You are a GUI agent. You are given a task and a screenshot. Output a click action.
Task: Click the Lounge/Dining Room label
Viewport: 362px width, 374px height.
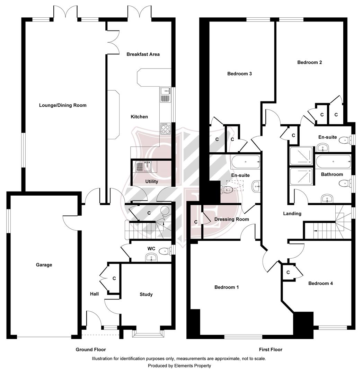(x=63, y=105)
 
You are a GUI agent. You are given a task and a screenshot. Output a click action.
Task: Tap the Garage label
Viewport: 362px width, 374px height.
(x=44, y=265)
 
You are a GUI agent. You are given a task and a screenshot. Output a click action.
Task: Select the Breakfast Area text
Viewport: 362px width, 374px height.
(x=143, y=54)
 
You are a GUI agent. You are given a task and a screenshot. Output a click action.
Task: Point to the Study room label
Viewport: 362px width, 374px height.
(x=146, y=294)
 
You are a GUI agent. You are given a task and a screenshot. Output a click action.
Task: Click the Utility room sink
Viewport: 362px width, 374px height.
(x=143, y=167)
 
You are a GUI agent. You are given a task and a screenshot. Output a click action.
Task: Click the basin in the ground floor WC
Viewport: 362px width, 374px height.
(x=151, y=257)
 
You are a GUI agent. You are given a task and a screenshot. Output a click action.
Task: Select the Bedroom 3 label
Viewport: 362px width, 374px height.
(x=239, y=73)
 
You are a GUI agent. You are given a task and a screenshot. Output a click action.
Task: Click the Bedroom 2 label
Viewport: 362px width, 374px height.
(x=310, y=62)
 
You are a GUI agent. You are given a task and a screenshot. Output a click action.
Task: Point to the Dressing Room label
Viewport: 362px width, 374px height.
(x=231, y=219)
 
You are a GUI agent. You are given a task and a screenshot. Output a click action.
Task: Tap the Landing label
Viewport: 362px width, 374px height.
(x=292, y=214)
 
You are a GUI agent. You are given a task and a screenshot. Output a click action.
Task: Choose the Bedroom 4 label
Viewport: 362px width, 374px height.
(x=320, y=283)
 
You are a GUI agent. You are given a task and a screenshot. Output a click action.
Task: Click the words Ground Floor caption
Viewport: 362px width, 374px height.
(x=91, y=350)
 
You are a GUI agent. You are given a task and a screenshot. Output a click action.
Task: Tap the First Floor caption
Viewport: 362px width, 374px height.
(x=271, y=350)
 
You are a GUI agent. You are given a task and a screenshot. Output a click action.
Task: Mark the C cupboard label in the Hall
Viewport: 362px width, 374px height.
(x=114, y=278)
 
